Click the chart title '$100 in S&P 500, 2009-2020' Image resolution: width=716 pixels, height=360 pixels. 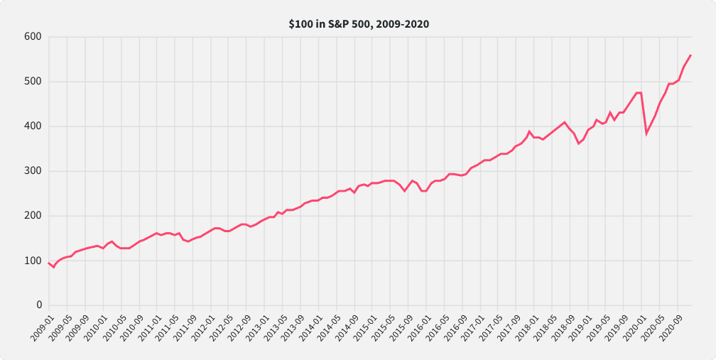tap(358, 24)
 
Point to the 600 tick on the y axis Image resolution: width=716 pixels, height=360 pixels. tap(33, 37)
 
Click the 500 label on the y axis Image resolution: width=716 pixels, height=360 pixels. tap(33, 82)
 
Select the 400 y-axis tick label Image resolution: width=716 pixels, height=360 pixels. tap(33, 126)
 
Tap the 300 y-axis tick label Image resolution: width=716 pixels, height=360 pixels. tap(33, 171)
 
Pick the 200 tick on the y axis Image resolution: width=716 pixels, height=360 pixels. tap(33, 216)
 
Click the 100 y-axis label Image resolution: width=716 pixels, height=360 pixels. tap(33, 261)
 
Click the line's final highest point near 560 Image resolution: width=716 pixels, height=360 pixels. tap(690, 55)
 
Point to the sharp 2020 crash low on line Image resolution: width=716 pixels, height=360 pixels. tap(646, 133)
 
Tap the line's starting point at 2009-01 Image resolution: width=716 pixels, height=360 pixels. tap(48, 263)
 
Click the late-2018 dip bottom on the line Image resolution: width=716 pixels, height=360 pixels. tap(578, 143)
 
